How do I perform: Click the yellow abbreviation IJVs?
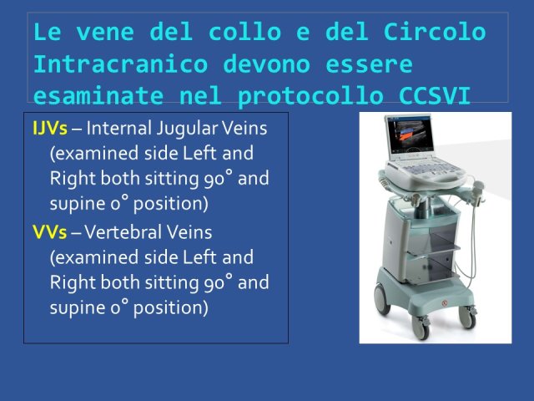coord(50,128)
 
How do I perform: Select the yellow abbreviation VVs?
coord(50,232)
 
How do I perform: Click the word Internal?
coord(118,128)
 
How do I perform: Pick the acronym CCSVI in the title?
coord(435,96)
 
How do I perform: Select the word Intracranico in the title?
coord(120,63)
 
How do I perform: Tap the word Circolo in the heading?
coord(435,32)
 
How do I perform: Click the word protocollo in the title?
coord(310,97)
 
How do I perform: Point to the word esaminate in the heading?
coord(98,96)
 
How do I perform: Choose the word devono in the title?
coord(267,63)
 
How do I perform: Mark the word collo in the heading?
coord(244,32)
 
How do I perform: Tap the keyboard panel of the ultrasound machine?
coord(425,170)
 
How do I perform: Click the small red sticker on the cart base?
coord(445,303)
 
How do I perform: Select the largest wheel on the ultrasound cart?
coord(382,299)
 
